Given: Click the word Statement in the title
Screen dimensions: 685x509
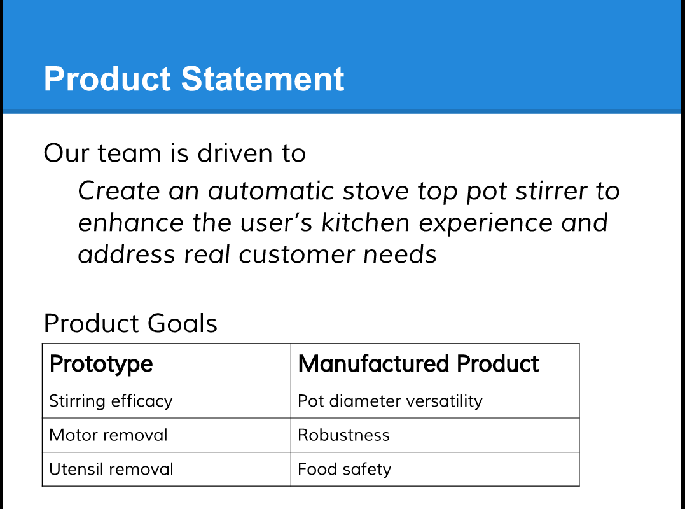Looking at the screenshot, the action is click(263, 79).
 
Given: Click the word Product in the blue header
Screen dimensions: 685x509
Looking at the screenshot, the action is click(107, 79).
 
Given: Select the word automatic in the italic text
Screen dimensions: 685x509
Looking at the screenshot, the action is click(271, 191).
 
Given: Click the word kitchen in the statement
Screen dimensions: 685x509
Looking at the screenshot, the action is click(366, 223).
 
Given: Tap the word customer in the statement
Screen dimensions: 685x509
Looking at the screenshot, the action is click(296, 255).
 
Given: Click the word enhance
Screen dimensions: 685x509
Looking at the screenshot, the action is click(130, 223).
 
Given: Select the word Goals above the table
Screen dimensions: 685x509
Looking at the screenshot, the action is click(182, 323).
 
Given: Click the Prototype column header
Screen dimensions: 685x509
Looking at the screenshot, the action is click(101, 364).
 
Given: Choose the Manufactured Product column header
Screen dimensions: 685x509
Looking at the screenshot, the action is click(418, 363).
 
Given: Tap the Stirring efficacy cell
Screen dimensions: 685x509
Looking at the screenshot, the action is click(111, 401).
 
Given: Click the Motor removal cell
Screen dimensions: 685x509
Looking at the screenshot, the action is click(108, 435).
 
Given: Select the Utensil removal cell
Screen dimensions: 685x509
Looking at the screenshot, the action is click(111, 470).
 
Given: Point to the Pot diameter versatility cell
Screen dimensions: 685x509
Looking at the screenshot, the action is click(390, 401).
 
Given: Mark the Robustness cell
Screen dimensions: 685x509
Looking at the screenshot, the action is click(343, 435).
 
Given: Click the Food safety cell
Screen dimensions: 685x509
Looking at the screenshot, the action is click(344, 470).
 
